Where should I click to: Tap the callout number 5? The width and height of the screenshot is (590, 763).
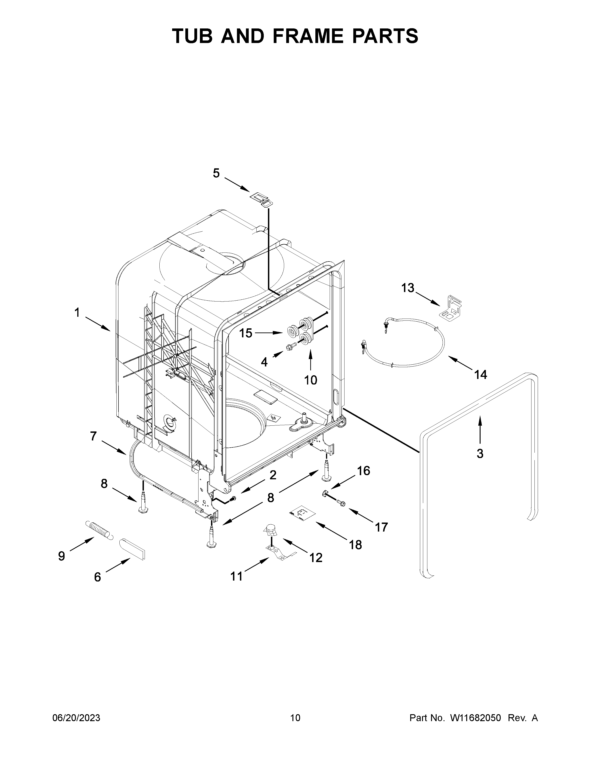point(216,173)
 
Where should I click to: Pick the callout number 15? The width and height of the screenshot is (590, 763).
point(246,333)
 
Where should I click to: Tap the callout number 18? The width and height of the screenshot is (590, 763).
point(355,545)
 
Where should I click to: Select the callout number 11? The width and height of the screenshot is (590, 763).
point(237,576)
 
